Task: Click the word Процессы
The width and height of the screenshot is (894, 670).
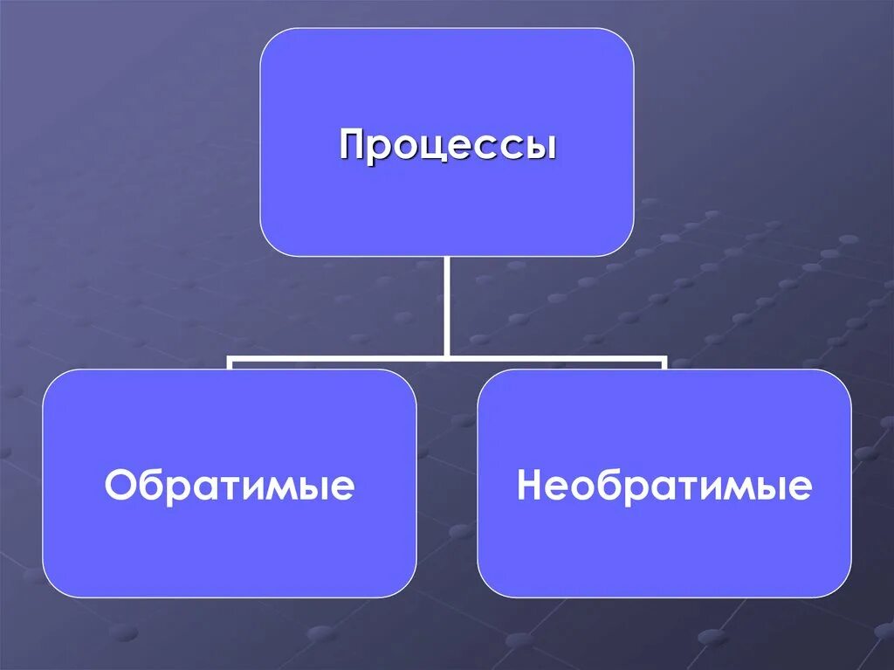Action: [447, 145]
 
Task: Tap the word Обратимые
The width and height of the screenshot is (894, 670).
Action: [230, 486]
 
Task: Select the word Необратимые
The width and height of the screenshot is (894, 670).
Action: [664, 486]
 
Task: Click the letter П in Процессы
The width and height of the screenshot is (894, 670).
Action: [353, 144]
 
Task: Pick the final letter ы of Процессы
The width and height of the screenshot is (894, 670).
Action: [540, 146]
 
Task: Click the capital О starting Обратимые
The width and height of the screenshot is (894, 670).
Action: [119, 486]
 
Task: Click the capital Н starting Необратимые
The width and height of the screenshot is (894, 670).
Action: [531, 486]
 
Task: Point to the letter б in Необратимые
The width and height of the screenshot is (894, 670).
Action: [606, 485]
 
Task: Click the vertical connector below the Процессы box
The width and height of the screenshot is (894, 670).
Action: [447, 306]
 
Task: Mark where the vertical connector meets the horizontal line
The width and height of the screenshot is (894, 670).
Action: [447, 356]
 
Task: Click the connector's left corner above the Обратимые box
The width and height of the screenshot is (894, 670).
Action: [230, 357]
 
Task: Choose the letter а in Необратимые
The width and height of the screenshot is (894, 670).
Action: [654, 487]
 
